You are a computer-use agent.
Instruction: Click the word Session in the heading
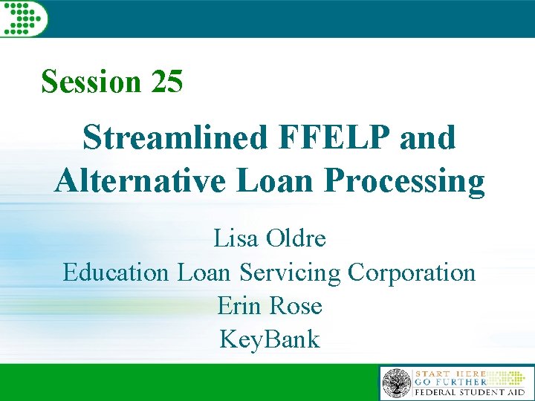coord(91,82)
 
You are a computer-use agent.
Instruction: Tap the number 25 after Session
coord(166,82)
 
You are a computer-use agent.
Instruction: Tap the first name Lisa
coord(233,239)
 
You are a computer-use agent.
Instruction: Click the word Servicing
coord(290,273)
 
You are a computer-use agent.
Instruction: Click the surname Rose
coord(295,306)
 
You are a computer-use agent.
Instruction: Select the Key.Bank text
coord(270,339)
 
